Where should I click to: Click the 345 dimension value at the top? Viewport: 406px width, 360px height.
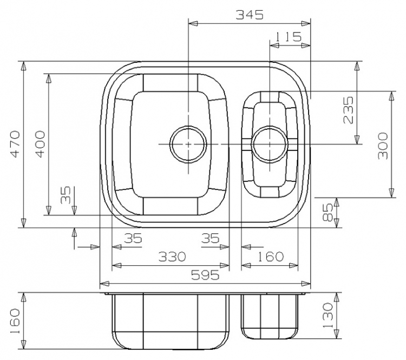[x=250, y=15]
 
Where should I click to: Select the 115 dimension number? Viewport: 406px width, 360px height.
[x=287, y=37]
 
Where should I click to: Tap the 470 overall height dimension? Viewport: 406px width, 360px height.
[x=15, y=144]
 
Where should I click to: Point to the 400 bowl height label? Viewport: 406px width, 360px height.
[x=40, y=144]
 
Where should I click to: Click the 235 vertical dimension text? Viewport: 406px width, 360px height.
[x=348, y=110]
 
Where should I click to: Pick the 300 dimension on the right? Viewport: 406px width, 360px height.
[x=383, y=146]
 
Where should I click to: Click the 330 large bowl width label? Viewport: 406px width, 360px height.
[x=172, y=257]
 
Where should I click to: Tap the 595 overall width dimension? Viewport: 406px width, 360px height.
[x=205, y=275]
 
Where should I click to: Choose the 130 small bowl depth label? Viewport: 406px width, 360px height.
[x=328, y=315]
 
